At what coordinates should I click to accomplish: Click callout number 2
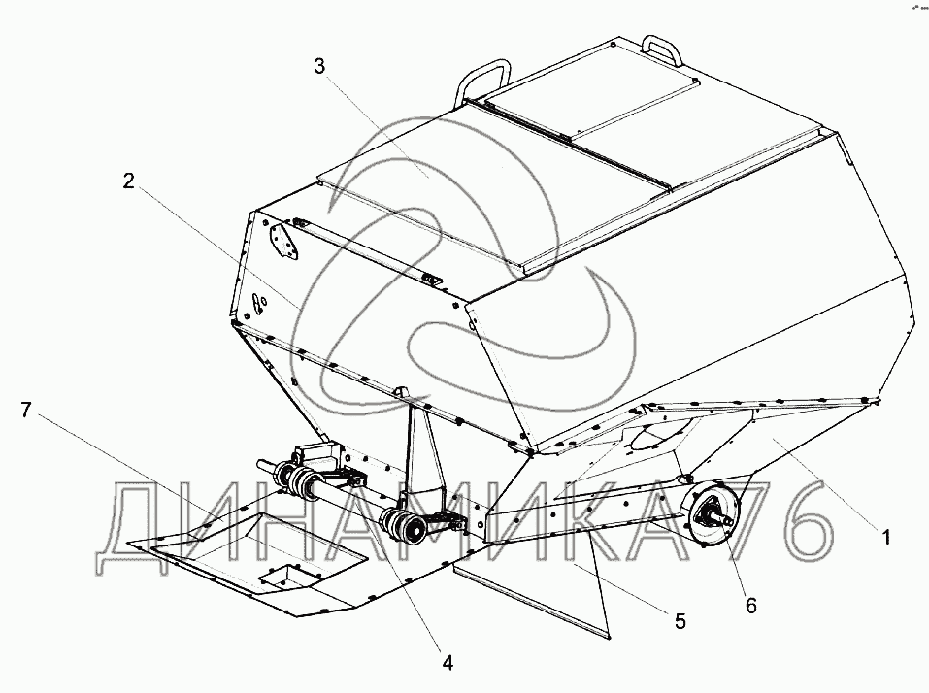(x=127, y=180)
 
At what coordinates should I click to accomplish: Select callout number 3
(x=319, y=66)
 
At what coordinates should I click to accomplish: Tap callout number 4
(x=448, y=663)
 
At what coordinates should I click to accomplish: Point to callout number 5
(x=680, y=621)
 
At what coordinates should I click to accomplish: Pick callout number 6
(x=750, y=605)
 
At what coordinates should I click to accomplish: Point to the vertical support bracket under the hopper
(x=423, y=456)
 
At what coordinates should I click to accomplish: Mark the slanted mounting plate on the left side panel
(x=282, y=242)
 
